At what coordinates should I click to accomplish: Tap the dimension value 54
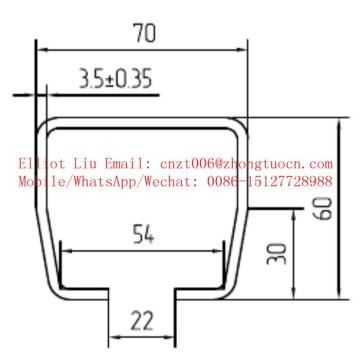pos(143,236)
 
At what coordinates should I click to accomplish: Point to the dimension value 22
pos(143,322)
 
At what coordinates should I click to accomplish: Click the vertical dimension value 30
pos(277,252)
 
